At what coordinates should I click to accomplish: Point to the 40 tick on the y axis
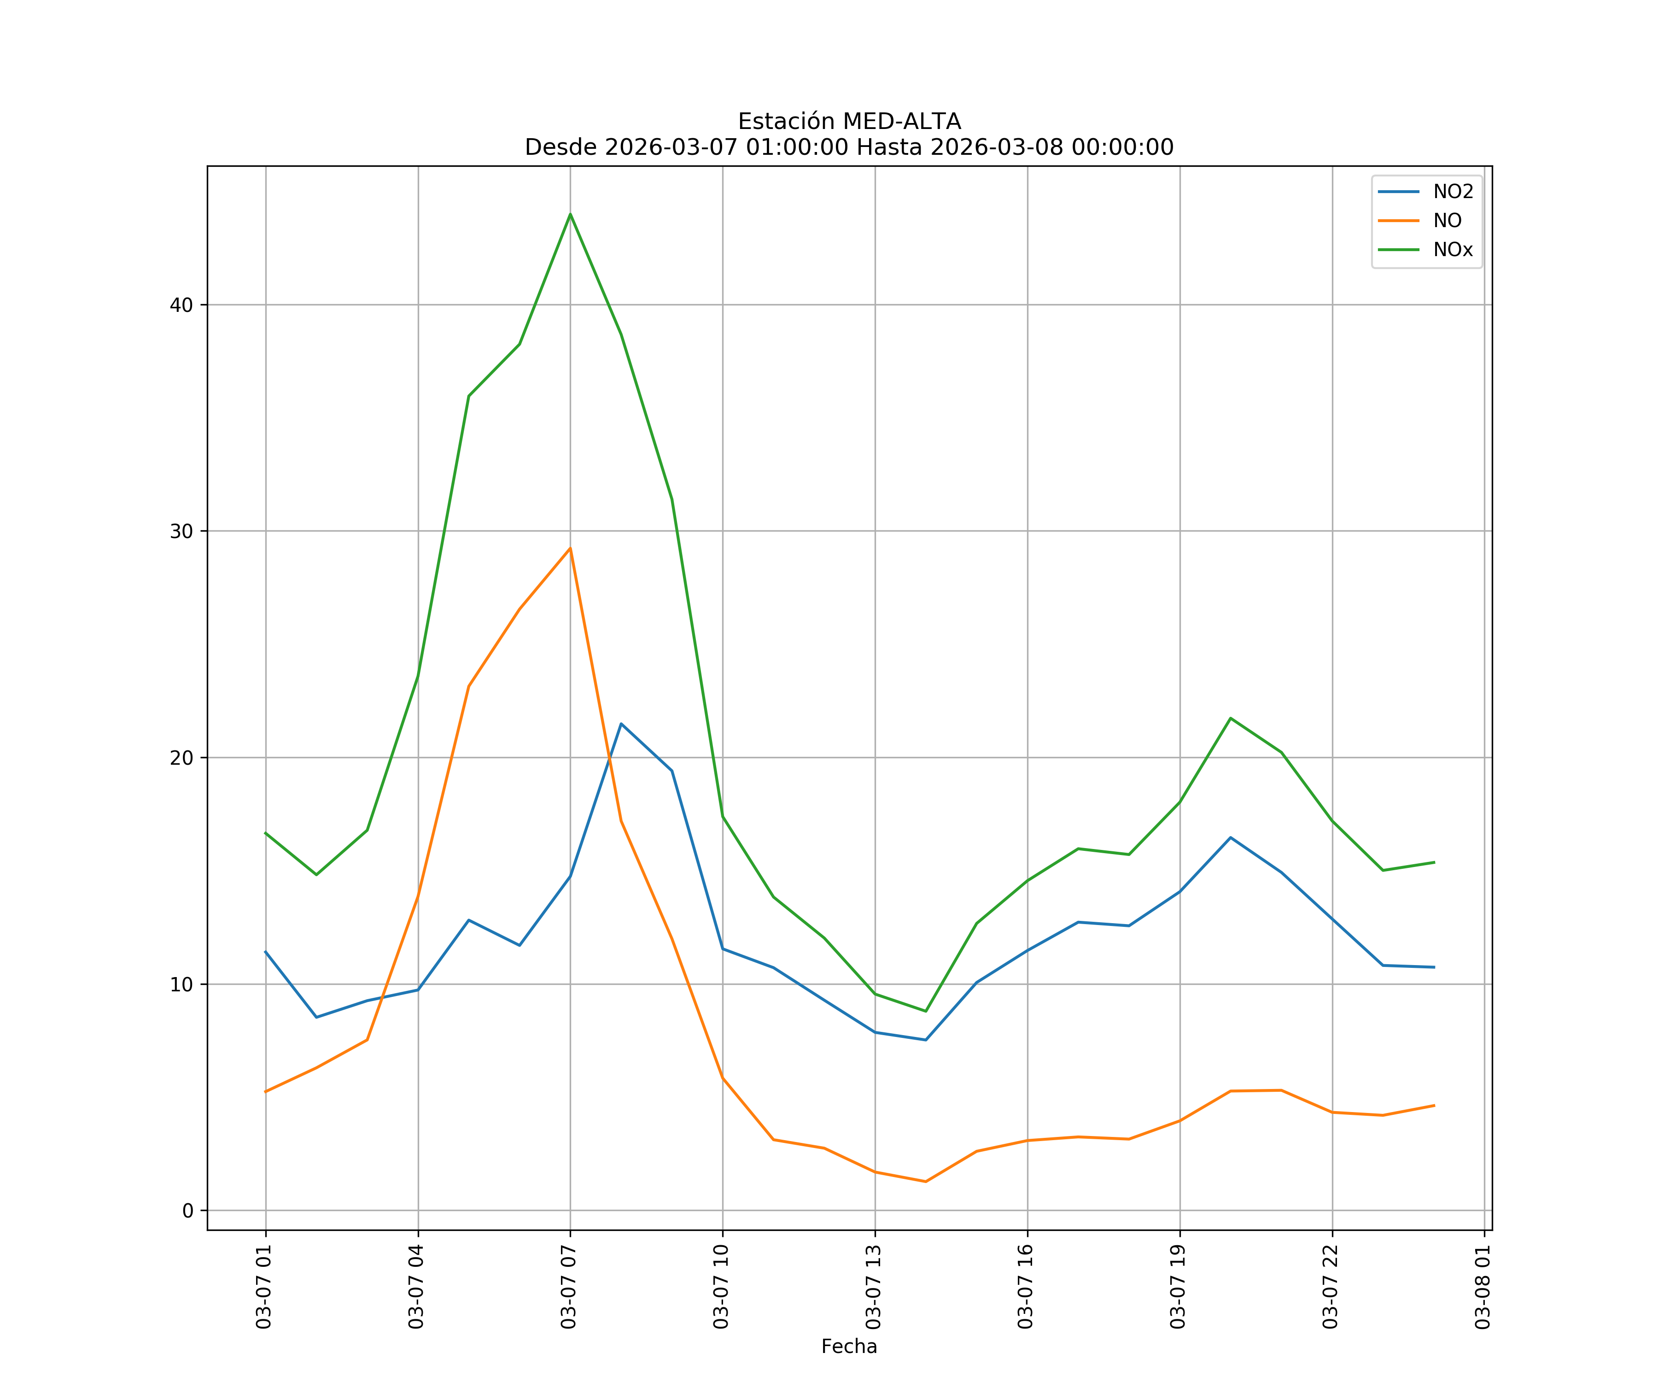tap(181, 305)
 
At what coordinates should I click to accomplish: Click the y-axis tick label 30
tap(181, 532)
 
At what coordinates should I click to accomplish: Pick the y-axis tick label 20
tap(181, 758)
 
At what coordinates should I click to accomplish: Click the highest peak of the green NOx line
tap(570, 214)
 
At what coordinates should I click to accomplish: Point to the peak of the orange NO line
tap(570, 548)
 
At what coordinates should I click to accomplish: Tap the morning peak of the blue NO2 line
tap(621, 723)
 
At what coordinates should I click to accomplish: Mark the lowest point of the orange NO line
tap(925, 1182)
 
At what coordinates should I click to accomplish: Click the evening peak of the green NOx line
tap(1230, 718)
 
